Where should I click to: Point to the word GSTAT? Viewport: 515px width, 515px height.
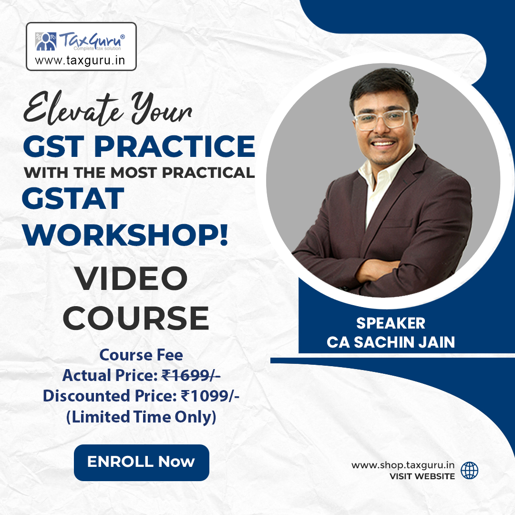(73, 199)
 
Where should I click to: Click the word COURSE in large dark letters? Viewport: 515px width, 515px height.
(136, 318)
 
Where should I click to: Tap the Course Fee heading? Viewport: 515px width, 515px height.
(141, 355)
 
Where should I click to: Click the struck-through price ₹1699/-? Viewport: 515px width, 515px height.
(191, 376)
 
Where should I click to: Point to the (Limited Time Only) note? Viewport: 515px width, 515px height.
(141, 417)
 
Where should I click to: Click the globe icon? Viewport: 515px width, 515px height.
(470, 470)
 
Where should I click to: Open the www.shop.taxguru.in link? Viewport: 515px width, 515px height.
(402, 465)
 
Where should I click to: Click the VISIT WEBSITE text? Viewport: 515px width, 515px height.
(422, 476)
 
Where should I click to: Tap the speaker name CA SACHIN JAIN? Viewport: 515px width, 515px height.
(391, 342)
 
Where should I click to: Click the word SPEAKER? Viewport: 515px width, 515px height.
(391, 323)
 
